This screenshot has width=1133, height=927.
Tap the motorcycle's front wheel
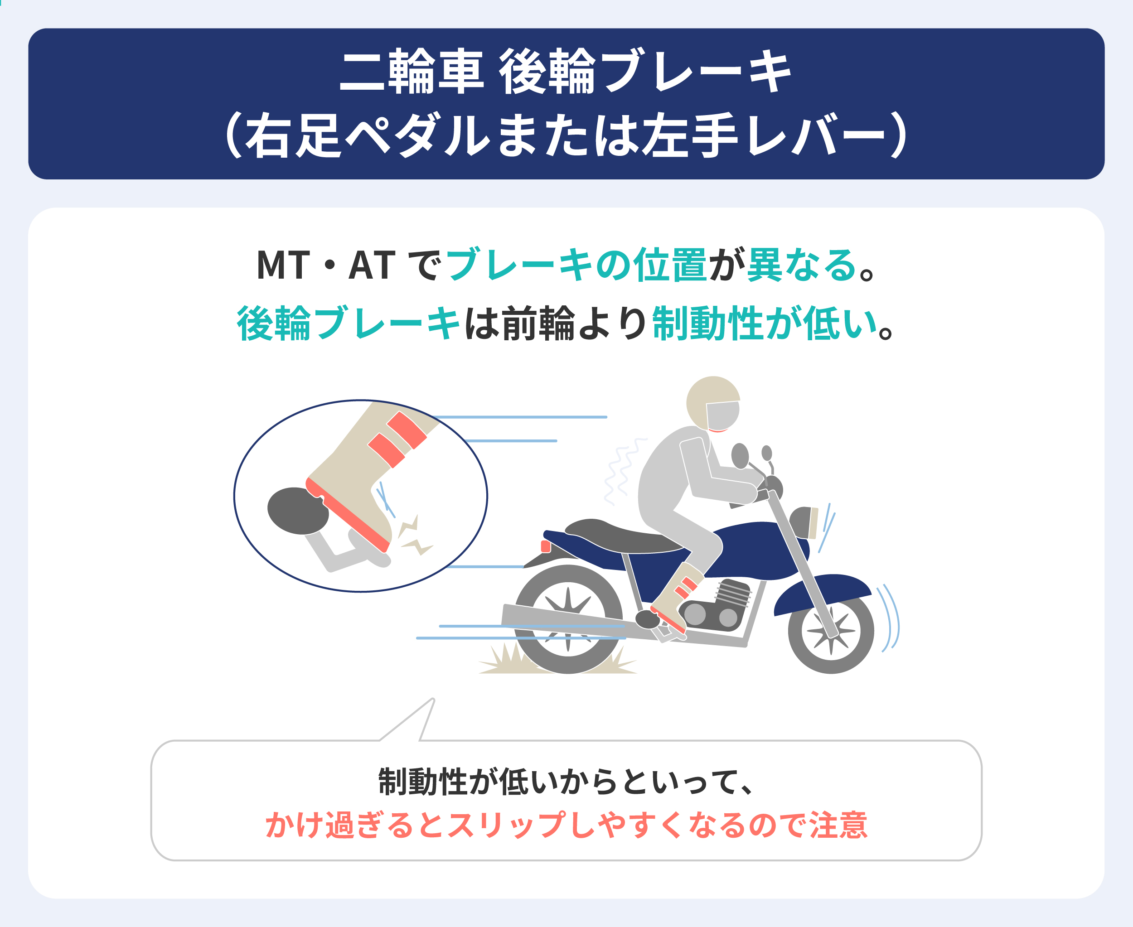[831, 630]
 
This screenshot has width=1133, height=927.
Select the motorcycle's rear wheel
[568, 619]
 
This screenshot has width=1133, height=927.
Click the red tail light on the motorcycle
[545, 546]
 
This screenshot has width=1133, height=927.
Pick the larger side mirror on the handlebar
[740, 455]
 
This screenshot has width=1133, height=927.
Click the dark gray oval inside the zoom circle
[298, 511]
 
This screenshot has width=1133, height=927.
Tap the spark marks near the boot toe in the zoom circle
[414, 536]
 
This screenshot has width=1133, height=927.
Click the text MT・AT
[326, 265]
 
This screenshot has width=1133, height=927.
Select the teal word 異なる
[801, 265]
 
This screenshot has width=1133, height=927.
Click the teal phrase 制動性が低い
[765, 323]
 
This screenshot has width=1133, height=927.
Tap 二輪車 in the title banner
[412, 71]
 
